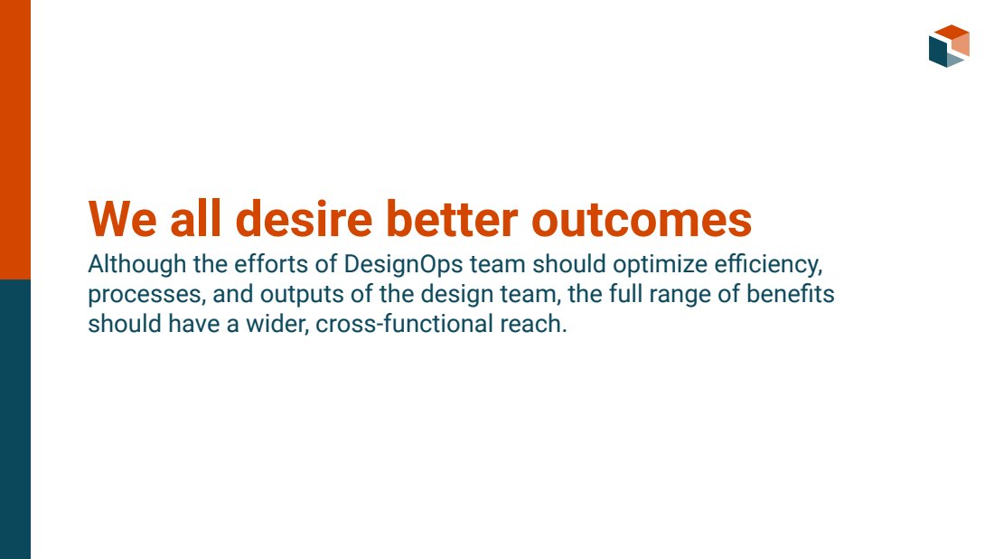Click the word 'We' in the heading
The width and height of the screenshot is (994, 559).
(122, 219)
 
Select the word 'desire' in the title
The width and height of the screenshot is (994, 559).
(304, 219)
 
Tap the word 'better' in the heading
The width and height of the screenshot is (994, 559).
(452, 219)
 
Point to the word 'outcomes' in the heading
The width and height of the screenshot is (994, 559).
(642, 220)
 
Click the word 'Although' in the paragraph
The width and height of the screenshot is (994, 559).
(137, 265)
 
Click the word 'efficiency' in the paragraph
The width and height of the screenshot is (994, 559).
(767, 265)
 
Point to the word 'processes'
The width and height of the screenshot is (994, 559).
(145, 295)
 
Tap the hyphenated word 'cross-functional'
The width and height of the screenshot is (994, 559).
(405, 324)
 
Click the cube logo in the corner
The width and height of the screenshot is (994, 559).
(949, 46)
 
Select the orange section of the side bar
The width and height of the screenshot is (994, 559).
(15, 139)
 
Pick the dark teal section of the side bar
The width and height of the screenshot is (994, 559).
(15, 419)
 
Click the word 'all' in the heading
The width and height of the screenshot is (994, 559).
(196, 219)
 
